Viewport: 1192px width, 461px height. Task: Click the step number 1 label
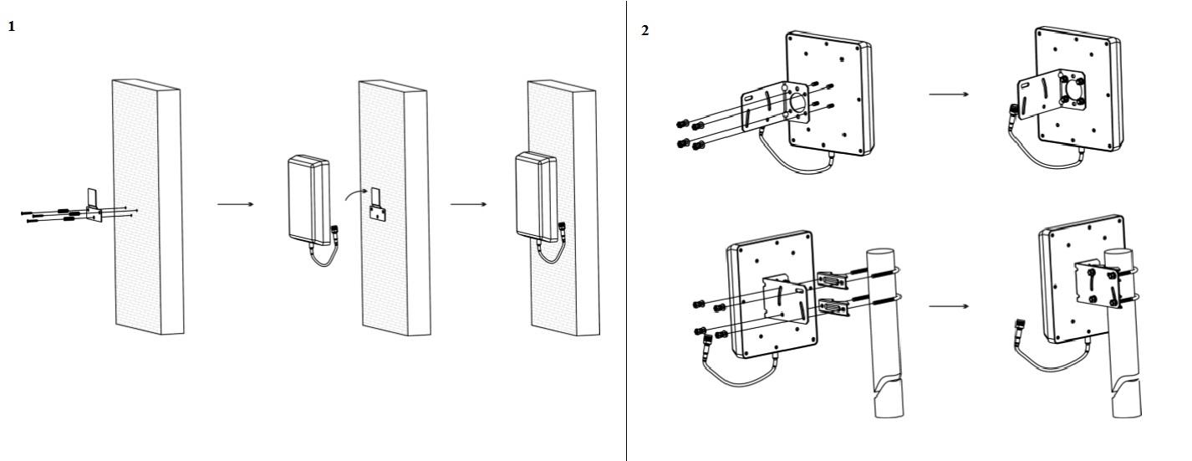point(12,27)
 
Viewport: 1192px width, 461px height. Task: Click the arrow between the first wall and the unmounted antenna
point(236,204)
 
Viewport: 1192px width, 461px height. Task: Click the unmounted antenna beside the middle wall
point(308,196)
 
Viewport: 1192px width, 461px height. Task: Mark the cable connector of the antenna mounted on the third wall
point(563,228)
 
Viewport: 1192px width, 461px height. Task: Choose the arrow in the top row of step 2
point(950,94)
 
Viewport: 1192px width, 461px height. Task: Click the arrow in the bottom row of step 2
point(950,305)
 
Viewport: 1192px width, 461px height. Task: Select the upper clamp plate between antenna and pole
point(831,276)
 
